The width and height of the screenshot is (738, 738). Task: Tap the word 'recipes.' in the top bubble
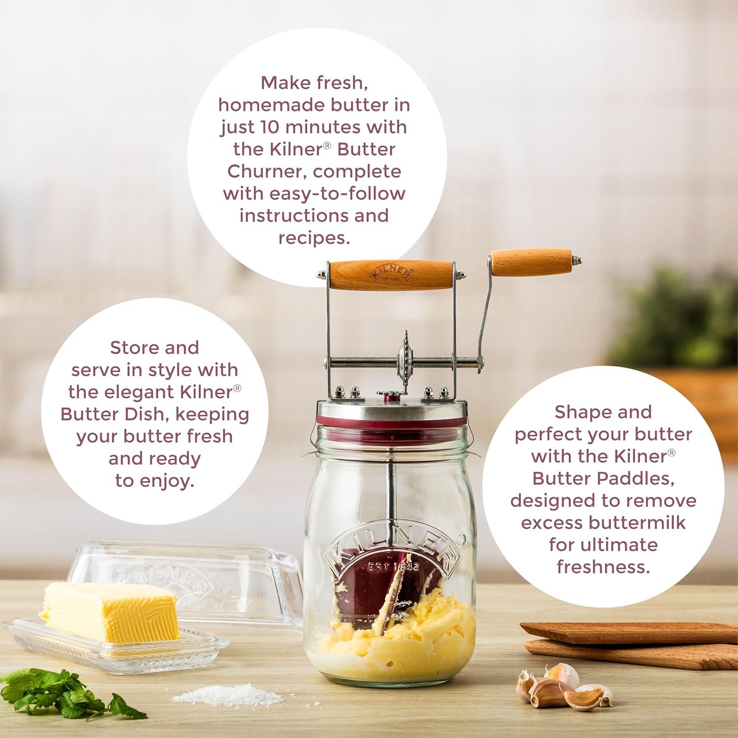pos(314,238)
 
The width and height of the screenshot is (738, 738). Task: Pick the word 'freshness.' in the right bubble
pos(603,567)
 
